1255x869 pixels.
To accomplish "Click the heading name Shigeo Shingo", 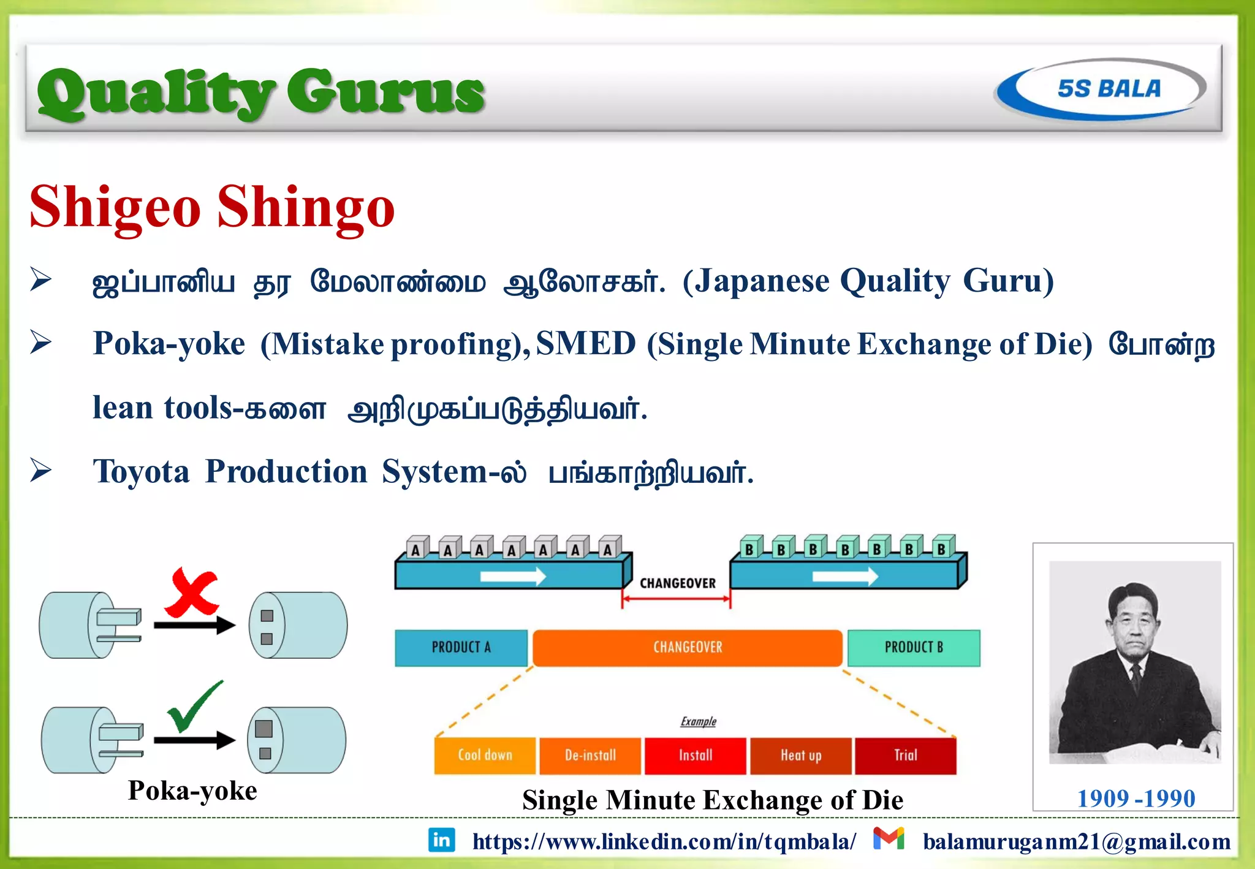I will click(x=212, y=207).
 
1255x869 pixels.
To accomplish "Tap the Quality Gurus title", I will click(x=260, y=92).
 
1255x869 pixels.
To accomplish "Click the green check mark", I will click(x=195, y=707).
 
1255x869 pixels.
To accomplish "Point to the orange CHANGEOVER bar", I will click(x=688, y=648).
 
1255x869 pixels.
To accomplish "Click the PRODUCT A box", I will click(x=461, y=648).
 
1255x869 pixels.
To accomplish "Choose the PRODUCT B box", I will click(x=914, y=648).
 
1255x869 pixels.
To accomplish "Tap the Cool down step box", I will click(x=485, y=756).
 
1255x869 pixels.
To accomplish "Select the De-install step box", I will click(x=590, y=756).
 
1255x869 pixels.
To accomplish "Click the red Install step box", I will click(x=696, y=756).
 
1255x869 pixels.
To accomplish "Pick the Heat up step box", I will click(x=801, y=756).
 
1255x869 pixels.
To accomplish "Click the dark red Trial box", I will click(x=906, y=756).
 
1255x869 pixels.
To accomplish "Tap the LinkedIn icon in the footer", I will click(x=441, y=840).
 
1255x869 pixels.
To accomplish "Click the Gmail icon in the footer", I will click(x=889, y=838).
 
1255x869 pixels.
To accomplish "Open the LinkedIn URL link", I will click(x=664, y=842).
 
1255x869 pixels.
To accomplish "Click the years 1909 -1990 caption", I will click(x=1136, y=799).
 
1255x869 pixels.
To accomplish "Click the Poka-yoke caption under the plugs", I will click(x=192, y=791).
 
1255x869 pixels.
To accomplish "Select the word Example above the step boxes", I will click(x=699, y=721).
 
